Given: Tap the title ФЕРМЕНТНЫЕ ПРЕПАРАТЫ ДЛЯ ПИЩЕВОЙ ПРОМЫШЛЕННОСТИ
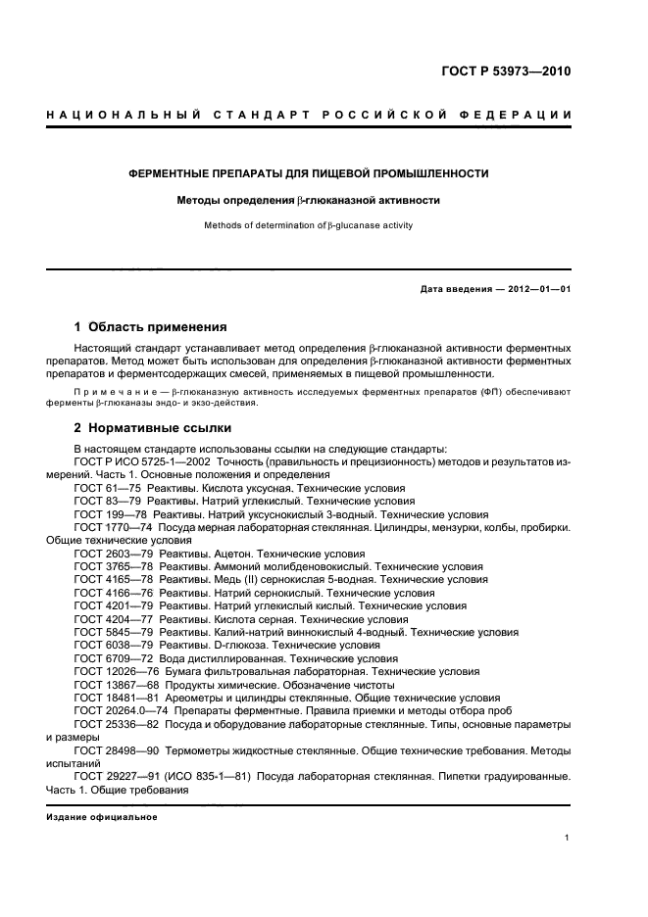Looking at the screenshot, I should pos(309,173).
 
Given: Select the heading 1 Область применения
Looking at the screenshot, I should pos(151,326).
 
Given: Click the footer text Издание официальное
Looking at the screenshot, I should pos(102,816).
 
